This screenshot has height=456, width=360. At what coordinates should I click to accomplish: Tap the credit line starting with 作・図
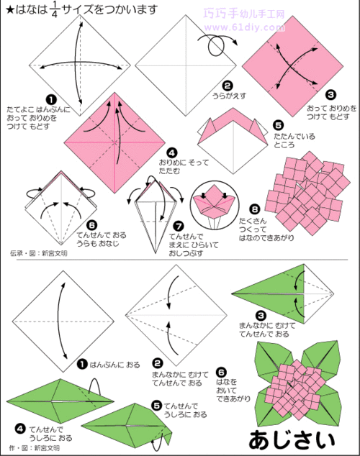pyautogui.click(x=33, y=448)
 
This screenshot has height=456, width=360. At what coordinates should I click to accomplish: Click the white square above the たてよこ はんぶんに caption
pyautogui.click(x=75, y=55)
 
